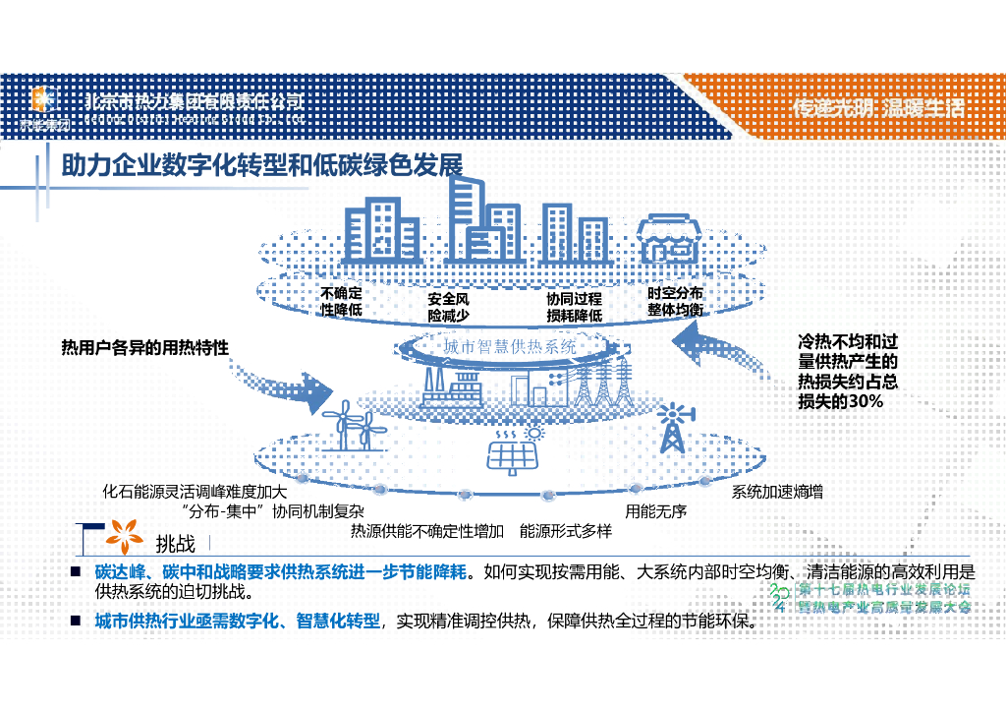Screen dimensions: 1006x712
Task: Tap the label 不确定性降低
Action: point(342,301)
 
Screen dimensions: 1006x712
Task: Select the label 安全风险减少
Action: point(448,307)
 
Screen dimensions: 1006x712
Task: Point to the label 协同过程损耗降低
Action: point(574,307)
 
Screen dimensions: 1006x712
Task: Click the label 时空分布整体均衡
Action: point(675,301)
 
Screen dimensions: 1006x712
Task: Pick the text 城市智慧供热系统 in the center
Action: point(509,347)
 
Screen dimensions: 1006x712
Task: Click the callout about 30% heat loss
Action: point(847,373)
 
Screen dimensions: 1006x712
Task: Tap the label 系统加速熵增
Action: point(777,491)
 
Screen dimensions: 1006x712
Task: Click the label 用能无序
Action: point(655,510)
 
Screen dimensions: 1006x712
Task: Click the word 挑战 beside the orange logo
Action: point(176,543)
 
